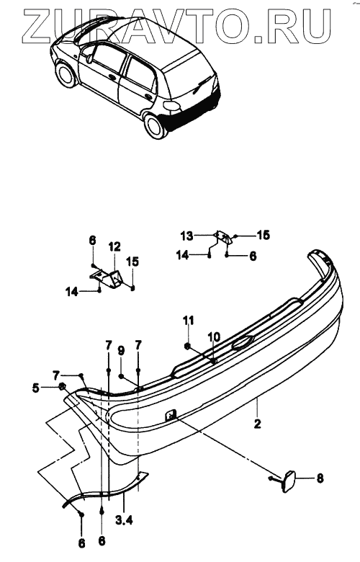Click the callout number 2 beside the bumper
click(257, 424)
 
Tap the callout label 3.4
click(124, 519)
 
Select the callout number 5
click(35, 388)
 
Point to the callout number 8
click(320, 478)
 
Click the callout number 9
click(121, 351)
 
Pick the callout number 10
click(214, 337)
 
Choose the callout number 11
click(189, 321)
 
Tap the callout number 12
click(114, 246)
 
